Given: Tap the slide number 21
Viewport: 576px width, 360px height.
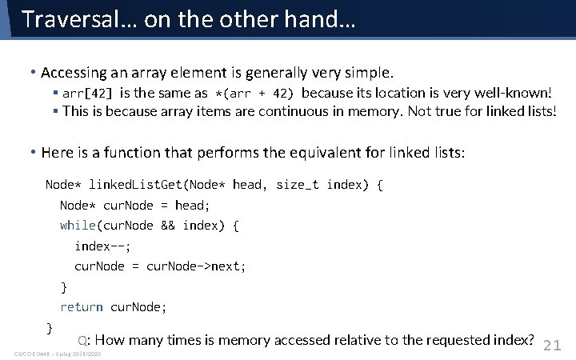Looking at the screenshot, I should coord(553,346).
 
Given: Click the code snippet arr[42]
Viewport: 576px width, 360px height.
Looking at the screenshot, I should coord(88,94).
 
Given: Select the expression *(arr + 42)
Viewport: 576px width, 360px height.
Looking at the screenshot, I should coord(255,94).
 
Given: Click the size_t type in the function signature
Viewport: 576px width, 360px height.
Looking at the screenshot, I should coord(297,185).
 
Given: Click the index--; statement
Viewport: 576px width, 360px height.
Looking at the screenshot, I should coord(102,246).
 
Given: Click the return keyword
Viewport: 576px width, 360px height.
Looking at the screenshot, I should coord(82,306).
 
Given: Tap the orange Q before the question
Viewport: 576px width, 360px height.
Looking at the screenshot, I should coord(82,340).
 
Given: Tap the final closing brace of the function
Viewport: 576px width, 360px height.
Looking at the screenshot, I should coord(50,327).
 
